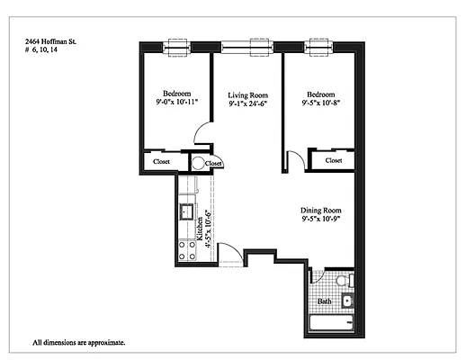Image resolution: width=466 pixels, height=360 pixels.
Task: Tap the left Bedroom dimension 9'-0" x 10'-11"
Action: click(x=175, y=103)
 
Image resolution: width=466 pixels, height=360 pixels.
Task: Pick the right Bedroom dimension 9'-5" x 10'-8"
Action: click(x=321, y=103)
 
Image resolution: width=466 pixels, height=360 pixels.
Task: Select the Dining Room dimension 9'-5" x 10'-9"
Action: click(x=321, y=219)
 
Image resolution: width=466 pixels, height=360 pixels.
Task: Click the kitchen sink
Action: click(x=186, y=212)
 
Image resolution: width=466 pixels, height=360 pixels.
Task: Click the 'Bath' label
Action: click(x=325, y=301)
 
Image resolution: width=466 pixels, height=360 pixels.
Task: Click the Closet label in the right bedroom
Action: click(x=334, y=160)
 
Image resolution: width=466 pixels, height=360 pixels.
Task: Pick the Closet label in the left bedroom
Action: click(x=161, y=162)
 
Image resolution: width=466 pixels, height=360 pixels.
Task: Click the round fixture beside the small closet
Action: click(x=198, y=163)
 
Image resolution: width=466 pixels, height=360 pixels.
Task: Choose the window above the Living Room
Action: click(x=247, y=42)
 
